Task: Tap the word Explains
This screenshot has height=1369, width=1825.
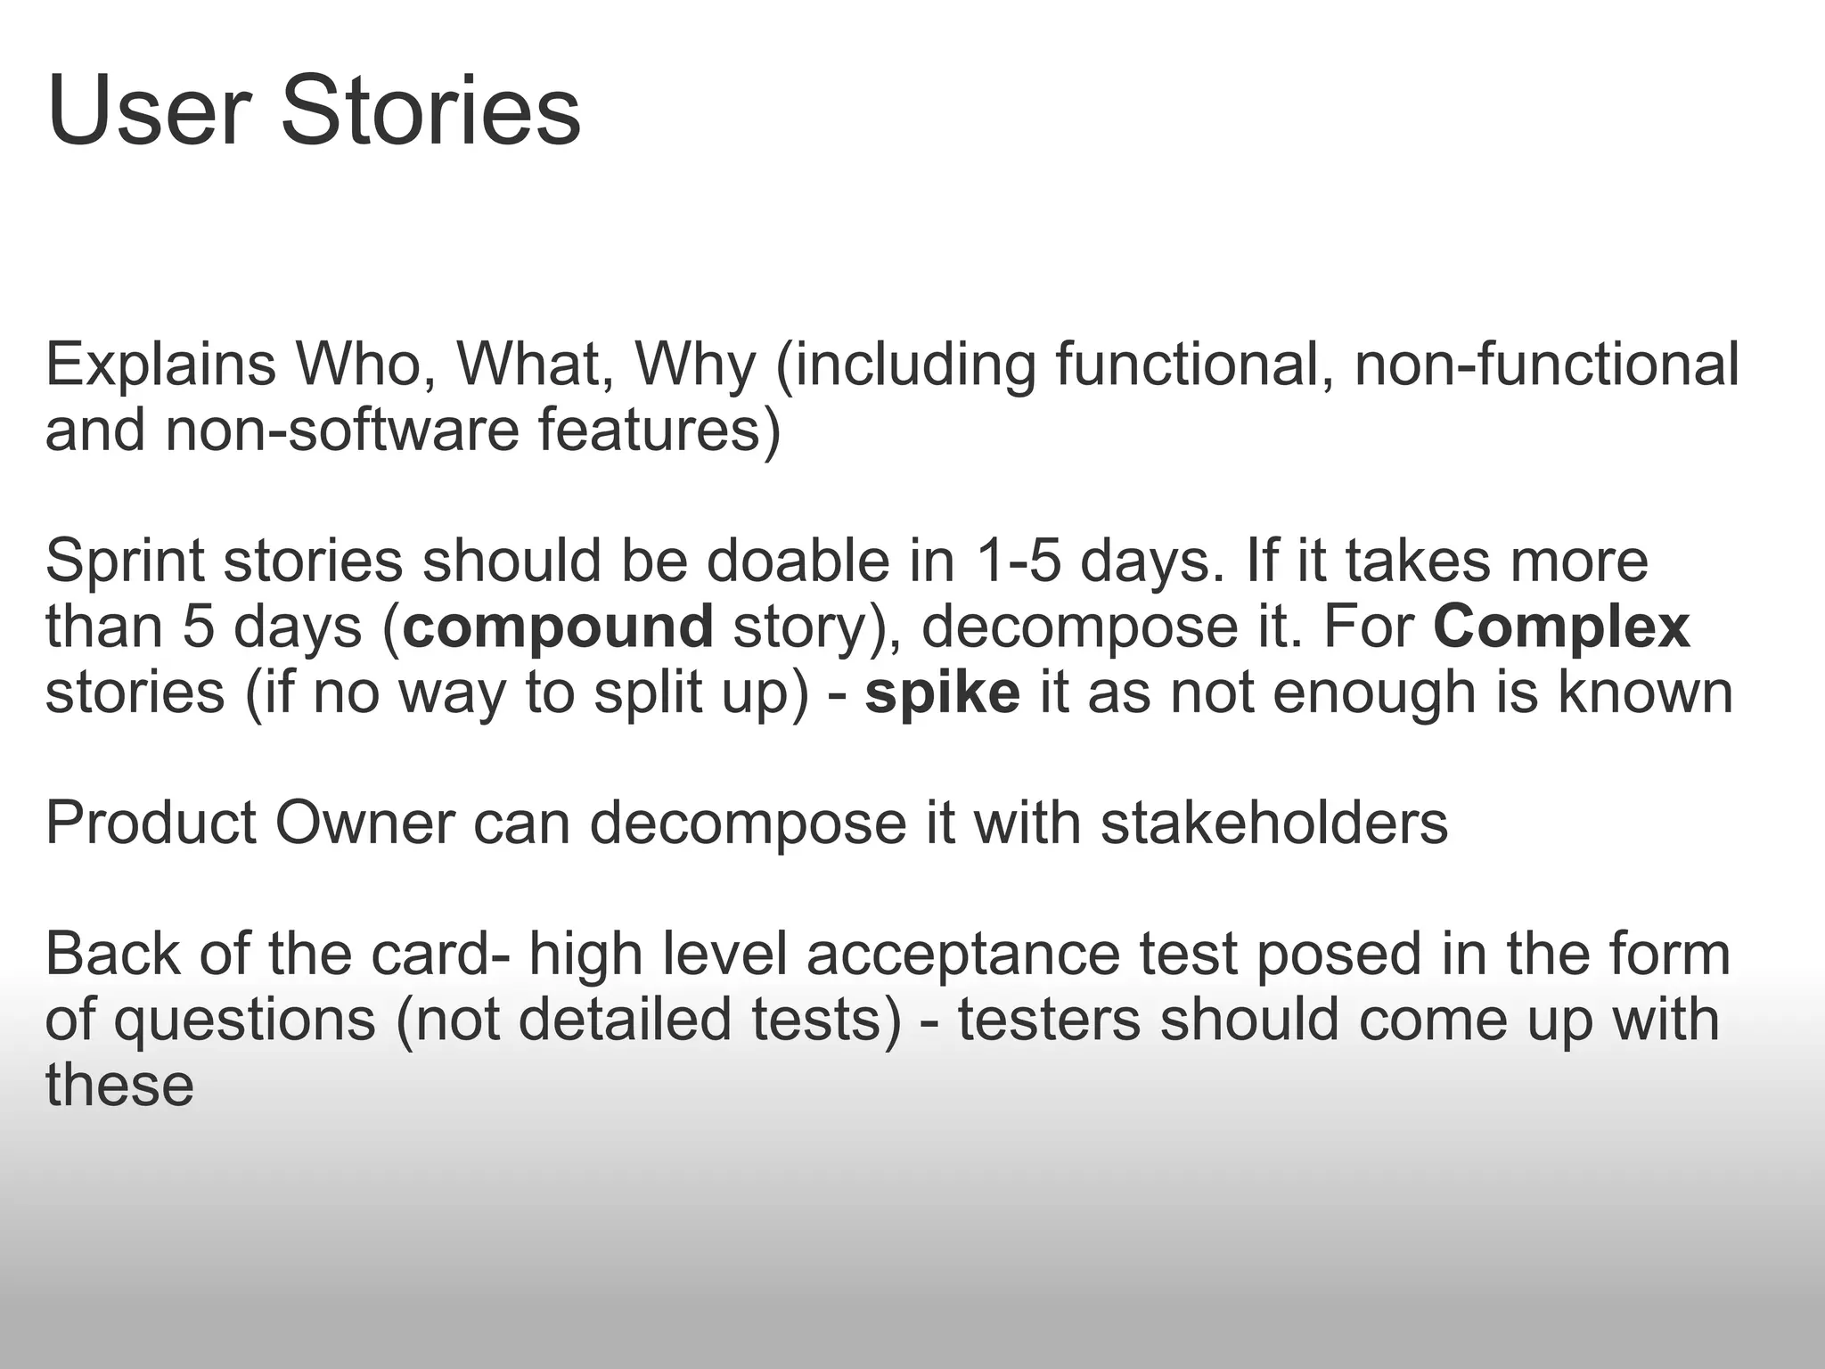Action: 160,365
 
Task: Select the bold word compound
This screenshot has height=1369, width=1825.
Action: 558,627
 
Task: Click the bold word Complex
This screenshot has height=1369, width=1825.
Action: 1561,627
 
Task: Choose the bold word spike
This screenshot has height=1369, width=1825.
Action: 942,693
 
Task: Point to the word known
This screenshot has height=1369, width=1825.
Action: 1645,693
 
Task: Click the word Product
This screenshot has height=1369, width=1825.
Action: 151,823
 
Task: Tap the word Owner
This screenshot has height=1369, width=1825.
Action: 364,823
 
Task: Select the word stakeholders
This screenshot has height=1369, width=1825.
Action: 1274,823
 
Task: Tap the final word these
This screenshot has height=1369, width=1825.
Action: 119,1085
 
